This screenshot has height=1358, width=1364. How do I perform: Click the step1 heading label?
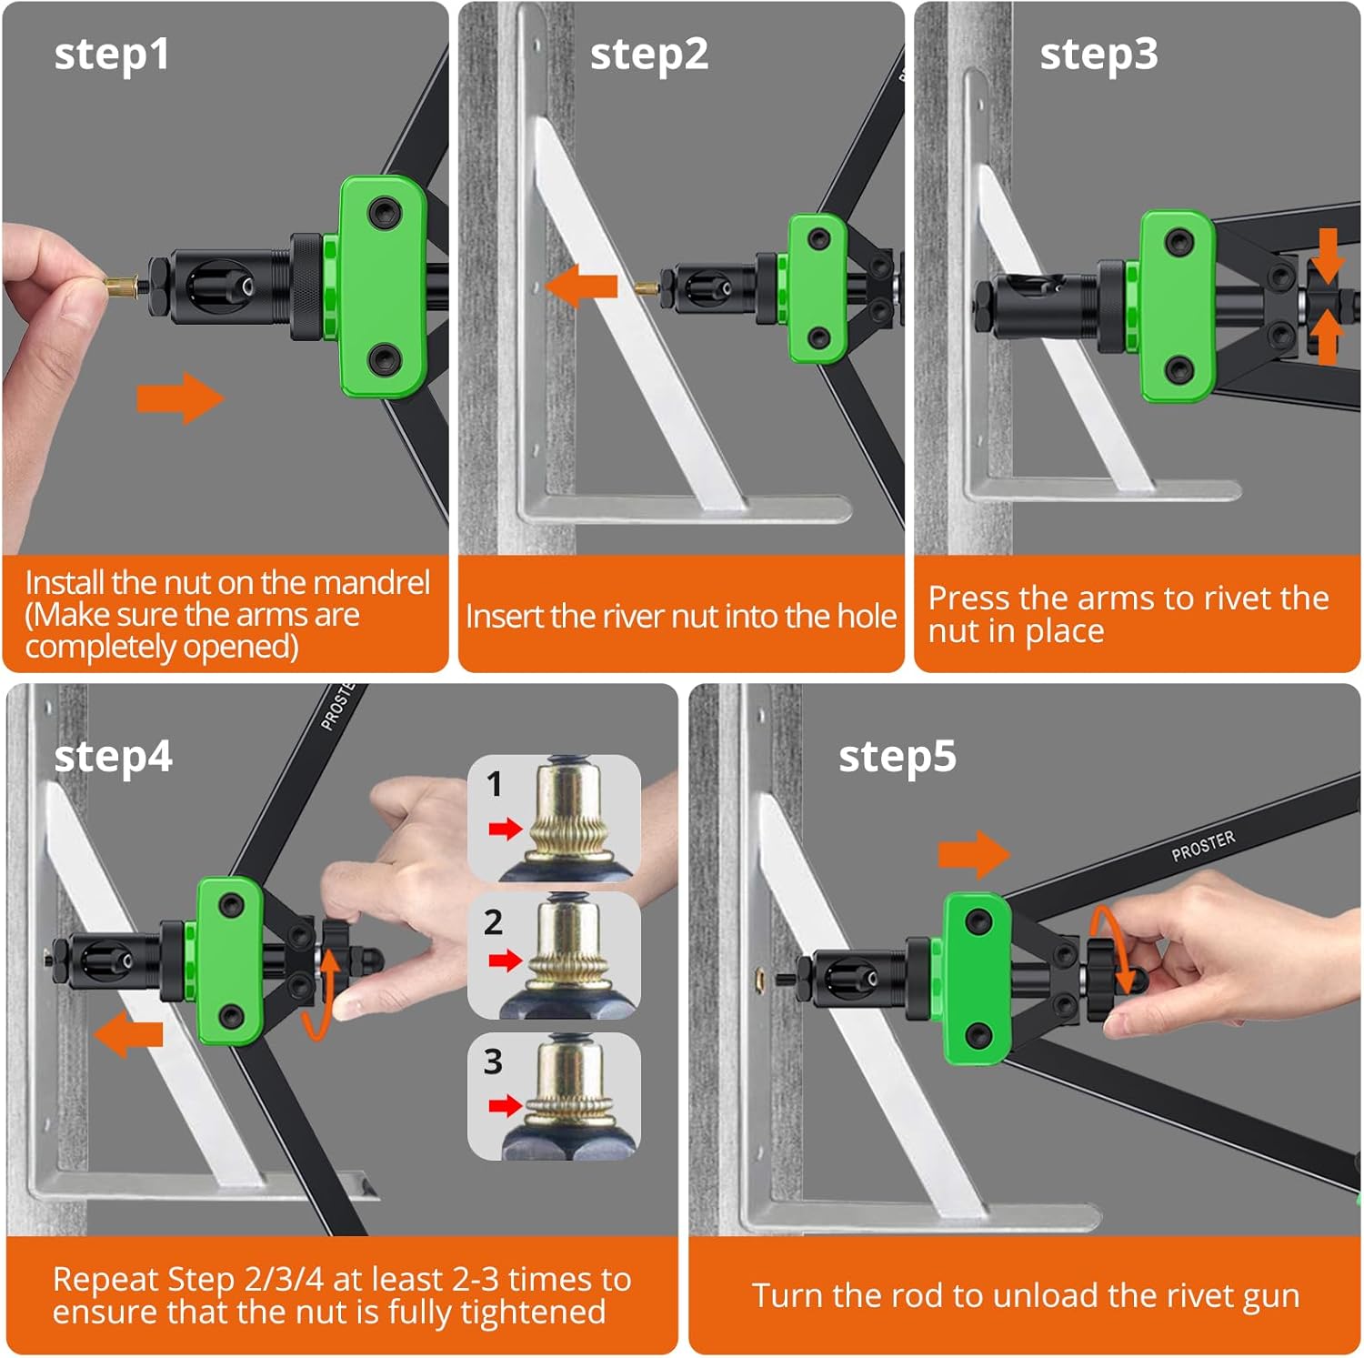112,55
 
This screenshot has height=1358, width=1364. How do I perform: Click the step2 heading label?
649,55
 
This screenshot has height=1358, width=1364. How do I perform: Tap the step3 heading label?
1099,55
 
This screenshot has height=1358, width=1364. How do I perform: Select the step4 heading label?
113,758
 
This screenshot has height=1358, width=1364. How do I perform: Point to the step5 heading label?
898,758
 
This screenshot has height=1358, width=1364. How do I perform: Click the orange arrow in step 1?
180,397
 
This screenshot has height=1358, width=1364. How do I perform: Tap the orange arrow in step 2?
583,287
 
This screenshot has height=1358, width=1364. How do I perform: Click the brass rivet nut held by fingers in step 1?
119,287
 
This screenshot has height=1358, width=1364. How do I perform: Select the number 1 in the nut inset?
494,784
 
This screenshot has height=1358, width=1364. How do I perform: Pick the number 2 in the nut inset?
493,922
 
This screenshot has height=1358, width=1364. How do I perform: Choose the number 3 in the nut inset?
493,1061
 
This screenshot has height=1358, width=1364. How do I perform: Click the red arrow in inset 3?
506,1105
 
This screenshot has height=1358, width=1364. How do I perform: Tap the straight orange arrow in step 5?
974,854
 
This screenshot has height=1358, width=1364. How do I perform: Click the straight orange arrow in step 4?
128,1036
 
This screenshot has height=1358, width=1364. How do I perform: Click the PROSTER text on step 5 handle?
1203,846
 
